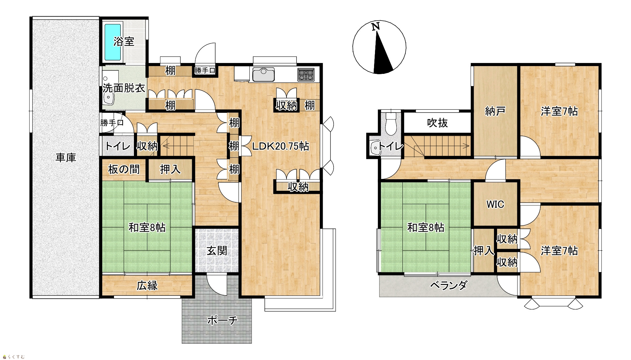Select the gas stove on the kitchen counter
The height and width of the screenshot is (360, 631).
pyautogui.click(x=306, y=75)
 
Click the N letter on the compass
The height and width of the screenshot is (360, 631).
pyautogui.click(x=376, y=27)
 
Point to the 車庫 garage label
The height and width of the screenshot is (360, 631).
pyautogui.click(x=66, y=158)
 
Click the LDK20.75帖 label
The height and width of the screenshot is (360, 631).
pyautogui.click(x=280, y=146)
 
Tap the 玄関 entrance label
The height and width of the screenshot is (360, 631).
pyautogui.click(x=217, y=251)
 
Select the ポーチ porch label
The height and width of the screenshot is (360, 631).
pyautogui.click(x=222, y=320)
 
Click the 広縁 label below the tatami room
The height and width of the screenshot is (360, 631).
pyautogui.click(x=147, y=286)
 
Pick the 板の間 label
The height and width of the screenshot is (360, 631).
pyautogui.click(x=124, y=170)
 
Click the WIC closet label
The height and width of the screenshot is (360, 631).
pyautogui.click(x=495, y=204)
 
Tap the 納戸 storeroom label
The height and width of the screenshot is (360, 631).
pyautogui.click(x=495, y=111)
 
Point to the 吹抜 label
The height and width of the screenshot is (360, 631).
pyautogui.click(x=437, y=123)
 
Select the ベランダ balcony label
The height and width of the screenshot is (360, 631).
pyautogui.click(x=449, y=285)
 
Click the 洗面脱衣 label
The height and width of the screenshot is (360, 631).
pyautogui.click(x=124, y=88)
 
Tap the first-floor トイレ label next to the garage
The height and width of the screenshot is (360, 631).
pyautogui.click(x=117, y=146)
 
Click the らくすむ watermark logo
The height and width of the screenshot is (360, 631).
pyautogui.click(x=13, y=357)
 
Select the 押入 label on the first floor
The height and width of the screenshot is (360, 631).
pyautogui.click(x=170, y=169)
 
